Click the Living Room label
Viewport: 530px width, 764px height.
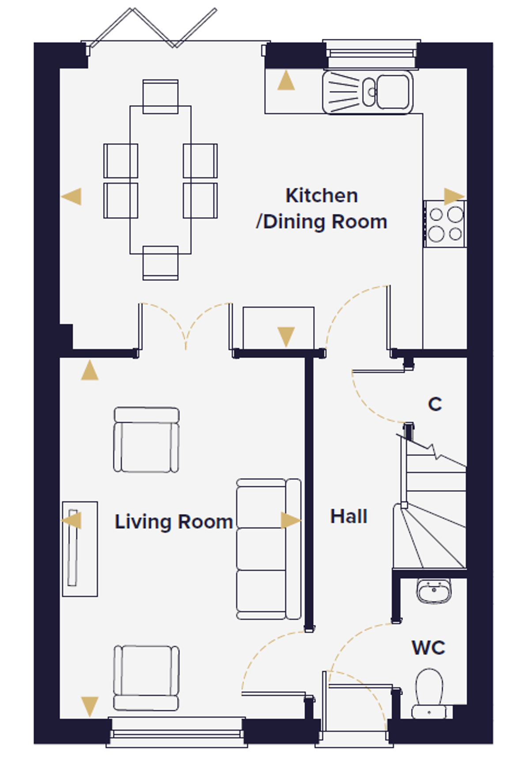174,522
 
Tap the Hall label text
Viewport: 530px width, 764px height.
349,517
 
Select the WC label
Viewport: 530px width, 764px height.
428,648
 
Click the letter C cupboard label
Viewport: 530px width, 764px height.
435,404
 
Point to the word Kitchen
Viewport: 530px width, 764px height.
322,195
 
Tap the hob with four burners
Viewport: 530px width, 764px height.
445,224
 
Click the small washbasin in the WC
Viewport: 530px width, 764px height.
434,591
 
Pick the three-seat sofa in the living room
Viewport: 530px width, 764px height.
269,549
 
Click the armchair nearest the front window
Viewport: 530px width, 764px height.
146,678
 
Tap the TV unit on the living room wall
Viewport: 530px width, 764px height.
80,549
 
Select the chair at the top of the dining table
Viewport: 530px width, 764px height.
160,97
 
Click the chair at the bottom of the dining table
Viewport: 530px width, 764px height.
160,263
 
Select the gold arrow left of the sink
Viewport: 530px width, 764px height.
286,80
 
